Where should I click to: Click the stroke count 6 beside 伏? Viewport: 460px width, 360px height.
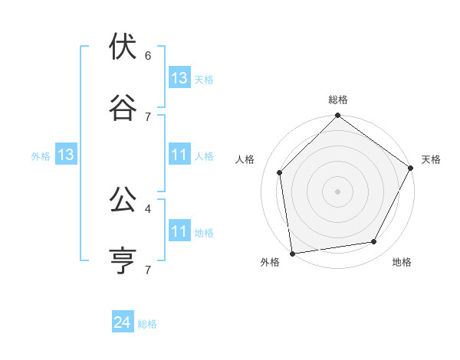coord(148,56)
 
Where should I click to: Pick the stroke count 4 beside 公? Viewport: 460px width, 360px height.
coord(148,208)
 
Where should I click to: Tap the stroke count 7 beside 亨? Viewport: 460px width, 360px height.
coord(148,270)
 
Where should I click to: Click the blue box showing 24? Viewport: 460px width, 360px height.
coord(123,323)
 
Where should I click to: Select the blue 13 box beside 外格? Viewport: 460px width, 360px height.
coord(66,155)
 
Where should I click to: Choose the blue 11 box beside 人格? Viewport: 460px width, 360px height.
coord(179,155)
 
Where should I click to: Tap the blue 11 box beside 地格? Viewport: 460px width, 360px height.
coord(179,231)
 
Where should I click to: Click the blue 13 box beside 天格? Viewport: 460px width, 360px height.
coord(179,78)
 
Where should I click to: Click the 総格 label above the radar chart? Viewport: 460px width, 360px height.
coord(338,100)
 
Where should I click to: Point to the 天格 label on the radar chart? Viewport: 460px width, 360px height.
coord(432,159)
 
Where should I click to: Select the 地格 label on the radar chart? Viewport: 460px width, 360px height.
coord(402,262)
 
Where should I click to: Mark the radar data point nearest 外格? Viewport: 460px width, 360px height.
coord(292,253)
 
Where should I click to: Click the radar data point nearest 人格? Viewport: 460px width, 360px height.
coord(280,172)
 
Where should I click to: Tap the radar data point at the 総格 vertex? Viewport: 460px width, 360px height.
coord(338,116)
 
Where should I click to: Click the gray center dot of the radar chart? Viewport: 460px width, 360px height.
coord(338,191)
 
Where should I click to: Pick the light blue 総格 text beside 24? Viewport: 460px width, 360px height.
coord(148,324)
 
